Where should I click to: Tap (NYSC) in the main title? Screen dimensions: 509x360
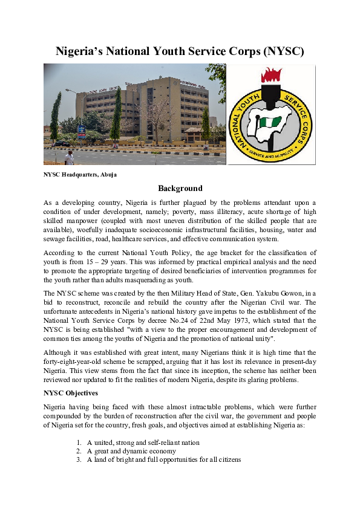(283, 51)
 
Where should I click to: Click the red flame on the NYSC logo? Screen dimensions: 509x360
(271, 76)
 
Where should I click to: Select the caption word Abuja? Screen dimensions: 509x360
(108, 175)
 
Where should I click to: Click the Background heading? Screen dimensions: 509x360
(180, 189)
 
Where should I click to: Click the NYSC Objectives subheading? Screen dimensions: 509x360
(71, 393)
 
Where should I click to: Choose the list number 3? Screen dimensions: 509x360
(79, 459)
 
